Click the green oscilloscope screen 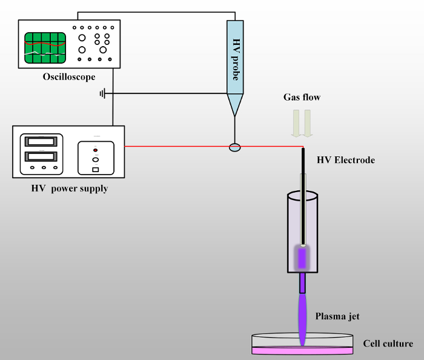[x=45, y=47]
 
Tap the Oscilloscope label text [x=69, y=77]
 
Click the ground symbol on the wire [x=103, y=93]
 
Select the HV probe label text [x=236, y=59]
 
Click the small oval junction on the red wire [x=234, y=147]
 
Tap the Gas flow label [x=302, y=97]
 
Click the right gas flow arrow [x=308, y=122]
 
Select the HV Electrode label [x=346, y=161]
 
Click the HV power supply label [x=70, y=188]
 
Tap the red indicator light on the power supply [x=95, y=149]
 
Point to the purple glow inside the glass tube [x=301, y=257]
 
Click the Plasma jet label [x=337, y=316]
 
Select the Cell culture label [x=388, y=344]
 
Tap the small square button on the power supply [x=95, y=169]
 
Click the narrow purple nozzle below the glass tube [x=302, y=283]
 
